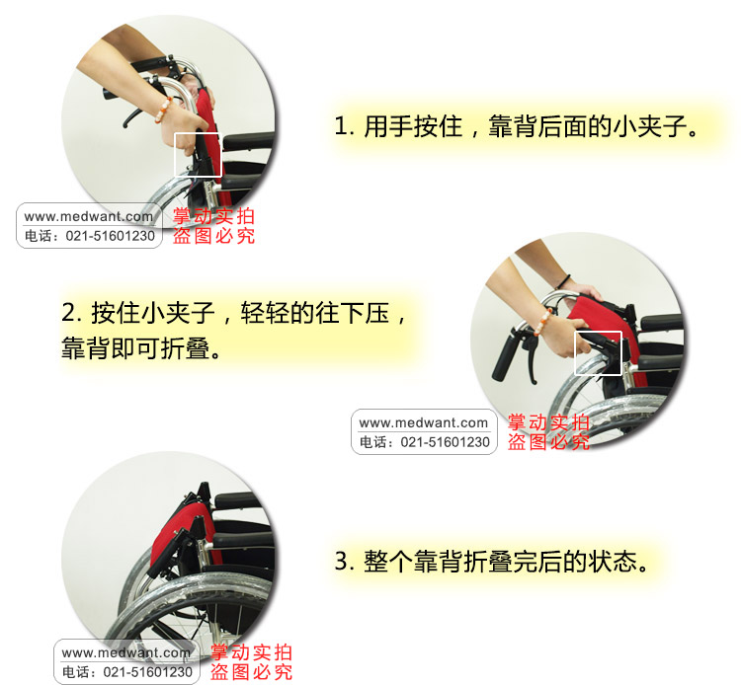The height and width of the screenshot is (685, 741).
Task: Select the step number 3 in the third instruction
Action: pos(342,561)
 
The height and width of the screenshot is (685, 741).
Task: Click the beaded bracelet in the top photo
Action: pos(163,110)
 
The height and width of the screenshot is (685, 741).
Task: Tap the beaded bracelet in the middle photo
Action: pos(542,322)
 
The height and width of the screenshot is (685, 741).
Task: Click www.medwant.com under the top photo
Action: pos(89,217)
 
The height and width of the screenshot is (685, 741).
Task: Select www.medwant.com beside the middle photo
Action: pos(424,423)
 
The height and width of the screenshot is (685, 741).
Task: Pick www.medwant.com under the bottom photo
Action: pos(126,652)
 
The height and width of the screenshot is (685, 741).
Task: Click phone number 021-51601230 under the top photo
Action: pos(110,236)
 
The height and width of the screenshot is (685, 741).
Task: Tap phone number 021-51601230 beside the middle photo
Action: pos(446,442)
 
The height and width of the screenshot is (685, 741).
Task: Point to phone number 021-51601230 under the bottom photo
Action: pos(148,672)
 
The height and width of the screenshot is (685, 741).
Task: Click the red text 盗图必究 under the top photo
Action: pos(213,236)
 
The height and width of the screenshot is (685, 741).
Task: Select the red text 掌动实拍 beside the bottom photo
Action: pos(251,652)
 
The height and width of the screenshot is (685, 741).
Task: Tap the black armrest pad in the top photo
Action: pos(249,141)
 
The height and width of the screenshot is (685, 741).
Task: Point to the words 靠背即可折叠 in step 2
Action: pos(135,349)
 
